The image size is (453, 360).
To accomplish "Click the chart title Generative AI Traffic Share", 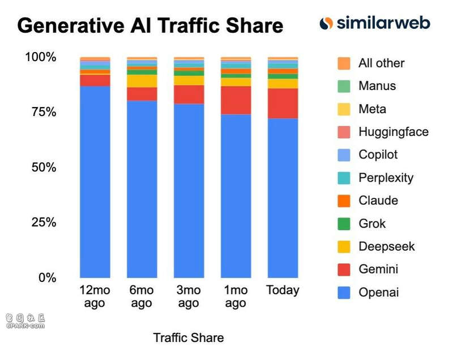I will pyautogui.click(x=150, y=25).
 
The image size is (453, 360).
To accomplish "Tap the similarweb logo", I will pyautogui.click(x=375, y=23).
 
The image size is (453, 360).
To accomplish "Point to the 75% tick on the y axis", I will pyautogui.click(x=44, y=112).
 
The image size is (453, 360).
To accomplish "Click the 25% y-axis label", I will pyautogui.click(x=44, y=222).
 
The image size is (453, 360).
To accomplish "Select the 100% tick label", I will pyautogui.click(x=41, y=57).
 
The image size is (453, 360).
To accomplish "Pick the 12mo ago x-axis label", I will pyautogui.click(x=95, y=297).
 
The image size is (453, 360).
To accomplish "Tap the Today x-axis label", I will pyautogui.click(x=283, y=290).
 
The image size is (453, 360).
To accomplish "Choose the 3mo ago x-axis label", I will pyautogui.click(x=189, y=297).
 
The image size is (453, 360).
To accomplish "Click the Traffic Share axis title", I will pyautogui.click(x=189, y=338).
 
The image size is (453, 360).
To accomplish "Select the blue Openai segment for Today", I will pyautogui.click(x=283, y=198).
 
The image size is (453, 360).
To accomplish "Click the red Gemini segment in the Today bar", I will pyautogui.click(x=283, y=103).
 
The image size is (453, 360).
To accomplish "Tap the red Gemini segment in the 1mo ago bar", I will pyautogui.click(x=236, y=100).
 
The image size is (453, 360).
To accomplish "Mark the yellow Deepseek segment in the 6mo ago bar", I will pyautogui.click(x=142, y=81).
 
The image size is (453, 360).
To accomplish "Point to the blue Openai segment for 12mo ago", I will pyautogui.click(x=95, y=181).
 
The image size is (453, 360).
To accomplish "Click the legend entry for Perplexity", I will pyautogui.click(x=386, y=178).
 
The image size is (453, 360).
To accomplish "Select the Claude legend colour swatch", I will pyautogui.click(x=344, y=201).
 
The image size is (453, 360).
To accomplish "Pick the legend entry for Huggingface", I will pyautogui.click(x=393, y=132).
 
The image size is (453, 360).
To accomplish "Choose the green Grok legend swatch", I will pyautogui.click(x=344, y=224).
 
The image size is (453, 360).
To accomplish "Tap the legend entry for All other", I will pyautogui.click(x=381, y=63).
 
